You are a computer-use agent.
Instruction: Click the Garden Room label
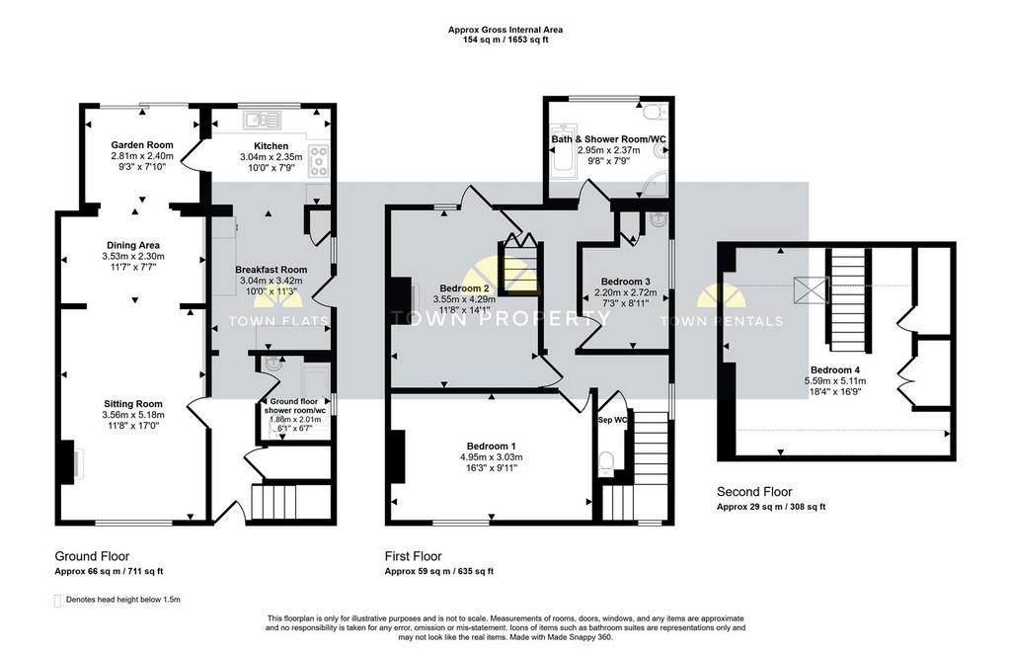(x=142, y=145)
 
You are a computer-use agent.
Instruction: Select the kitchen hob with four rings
(x=319, y=161)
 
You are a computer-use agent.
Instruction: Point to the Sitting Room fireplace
(x=68, y=462)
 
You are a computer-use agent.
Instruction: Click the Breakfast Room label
(x=271, y=270)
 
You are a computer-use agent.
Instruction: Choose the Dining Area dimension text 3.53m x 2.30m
(x=133, y=256)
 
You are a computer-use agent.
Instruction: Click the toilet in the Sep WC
(x=606, y=463)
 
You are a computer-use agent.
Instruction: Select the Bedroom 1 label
(x=492, y=447)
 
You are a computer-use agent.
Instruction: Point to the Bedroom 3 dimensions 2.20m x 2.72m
(x=625, y=292)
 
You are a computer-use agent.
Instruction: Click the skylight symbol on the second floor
(x=811, y=289)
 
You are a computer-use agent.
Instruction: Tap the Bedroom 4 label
(x=835, y=370)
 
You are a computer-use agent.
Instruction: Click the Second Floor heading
(x=754, y=492)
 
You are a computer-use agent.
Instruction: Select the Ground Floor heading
(x=92, y=556)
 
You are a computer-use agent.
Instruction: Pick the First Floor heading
(x=414, y=556)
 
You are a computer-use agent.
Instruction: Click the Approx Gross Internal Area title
(x=505, y=30)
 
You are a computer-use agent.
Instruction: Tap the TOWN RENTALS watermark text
(x=722, y=321)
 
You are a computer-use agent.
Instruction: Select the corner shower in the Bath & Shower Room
(x=654, y=183)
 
